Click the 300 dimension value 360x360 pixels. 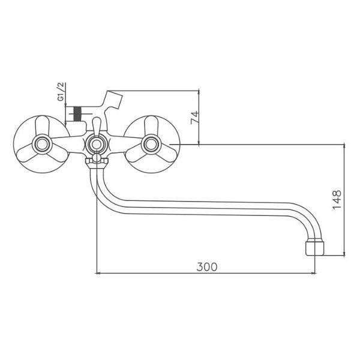tap(206, 267)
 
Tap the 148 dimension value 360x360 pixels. tap(337, 200)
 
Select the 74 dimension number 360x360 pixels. tap(194, 118)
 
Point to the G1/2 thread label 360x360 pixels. tap(61, 91)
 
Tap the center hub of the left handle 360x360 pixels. tap(42, 145)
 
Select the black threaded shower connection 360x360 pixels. tap(77, 114)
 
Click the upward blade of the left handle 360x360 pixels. tap(43, 125)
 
